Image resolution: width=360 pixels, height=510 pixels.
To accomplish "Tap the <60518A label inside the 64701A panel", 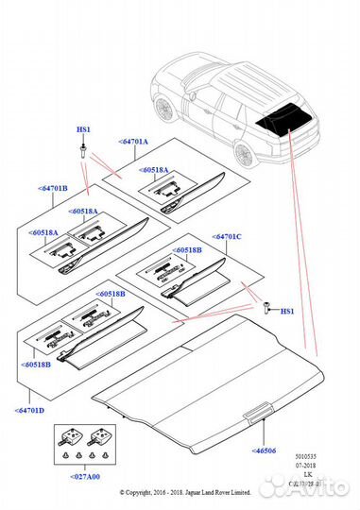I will point(154,170).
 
